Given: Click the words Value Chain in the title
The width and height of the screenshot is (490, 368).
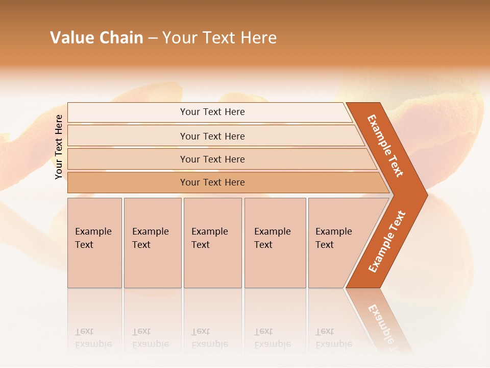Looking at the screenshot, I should coord(96,38).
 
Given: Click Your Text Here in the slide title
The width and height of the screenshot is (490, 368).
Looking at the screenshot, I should coord(219,38).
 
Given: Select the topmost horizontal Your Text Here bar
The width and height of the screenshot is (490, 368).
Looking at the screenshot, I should coord(212,112).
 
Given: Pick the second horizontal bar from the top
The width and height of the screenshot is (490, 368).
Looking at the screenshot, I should coord(212,136).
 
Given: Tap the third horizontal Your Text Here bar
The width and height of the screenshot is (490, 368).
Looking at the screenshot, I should coord(212,159).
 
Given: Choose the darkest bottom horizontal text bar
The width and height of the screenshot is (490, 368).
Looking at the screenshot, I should coord(212,182).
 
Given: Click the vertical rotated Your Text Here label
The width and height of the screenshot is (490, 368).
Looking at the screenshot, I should coord(59,147).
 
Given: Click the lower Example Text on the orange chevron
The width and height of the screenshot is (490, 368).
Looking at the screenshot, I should coord(386,241).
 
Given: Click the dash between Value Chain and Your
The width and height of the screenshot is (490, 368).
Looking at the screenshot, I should coord(153,38).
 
